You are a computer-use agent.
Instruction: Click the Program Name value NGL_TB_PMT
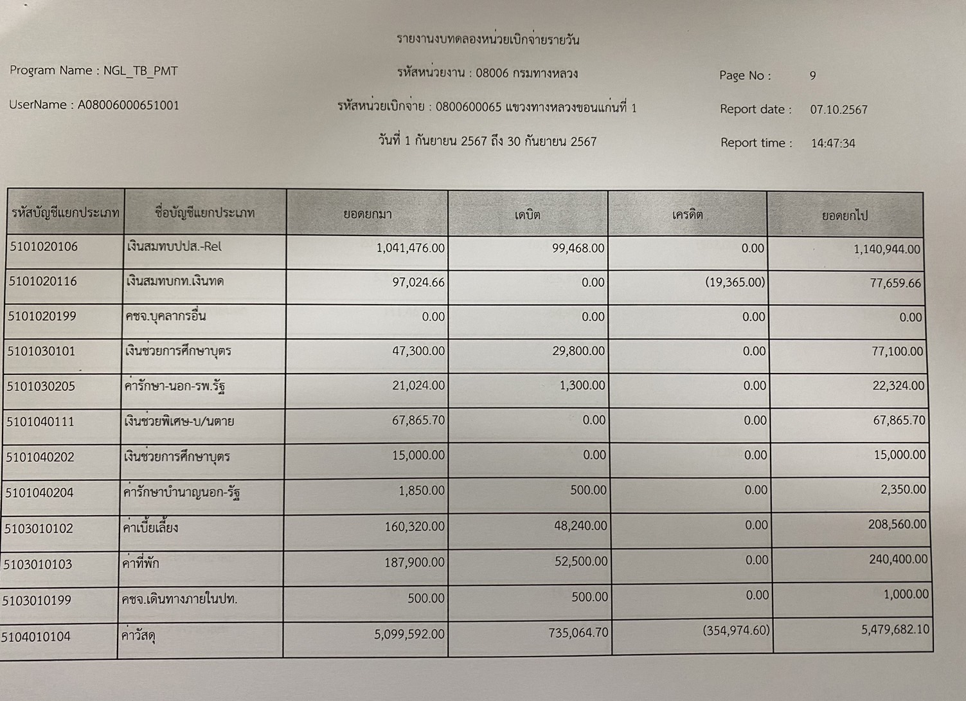click(x=140, y=71)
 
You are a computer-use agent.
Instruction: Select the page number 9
click(x=812, y=76)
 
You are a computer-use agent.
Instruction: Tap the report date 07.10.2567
click(x=838, y=110)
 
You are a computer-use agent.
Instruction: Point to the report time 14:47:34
click(x=832, y=143)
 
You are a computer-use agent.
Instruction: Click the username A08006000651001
click(x=129, y=105)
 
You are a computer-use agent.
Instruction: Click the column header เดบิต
click(x=527, y=215)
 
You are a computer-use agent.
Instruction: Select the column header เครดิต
click(x=687, y=215)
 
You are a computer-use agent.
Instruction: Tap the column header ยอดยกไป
click(x=845, y=216)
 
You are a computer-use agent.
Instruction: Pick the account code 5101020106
click(x=44, y=247)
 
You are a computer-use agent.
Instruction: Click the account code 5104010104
click(x=36, y=637)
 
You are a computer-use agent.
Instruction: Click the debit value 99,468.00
click(x=578, y=248)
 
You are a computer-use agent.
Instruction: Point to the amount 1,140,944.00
click(x=886, y=250)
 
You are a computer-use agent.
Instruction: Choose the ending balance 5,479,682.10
click(x=895, y=630)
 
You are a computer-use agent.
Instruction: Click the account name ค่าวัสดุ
click(x=138, y=636)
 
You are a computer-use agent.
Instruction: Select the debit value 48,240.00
click(x=580, y=526)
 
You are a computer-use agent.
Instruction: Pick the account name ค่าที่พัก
click(x=140, y=564)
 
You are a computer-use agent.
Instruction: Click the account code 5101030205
click(x=41, y=387)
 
